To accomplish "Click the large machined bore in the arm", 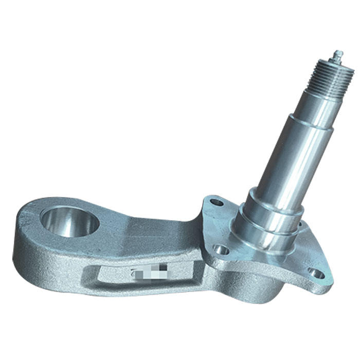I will coord(69,222).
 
